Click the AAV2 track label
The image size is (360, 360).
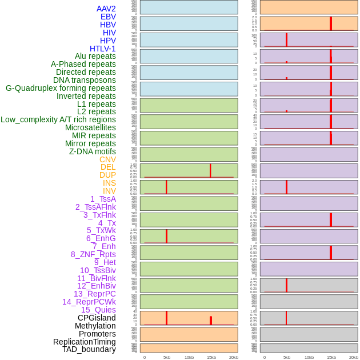coord(106,9)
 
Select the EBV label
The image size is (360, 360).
coord(108,17)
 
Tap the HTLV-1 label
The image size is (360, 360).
coord(102,49)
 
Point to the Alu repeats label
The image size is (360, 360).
coord(95,56)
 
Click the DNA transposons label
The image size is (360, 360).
coord(84,80)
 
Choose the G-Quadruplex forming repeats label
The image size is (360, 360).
coord(61,88)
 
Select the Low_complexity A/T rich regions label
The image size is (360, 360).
coord(58,119)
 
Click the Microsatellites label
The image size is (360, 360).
coord(90,127)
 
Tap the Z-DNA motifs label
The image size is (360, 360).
coord(92,151)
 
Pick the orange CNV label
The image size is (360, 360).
coord(107,159)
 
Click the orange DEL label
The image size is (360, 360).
coord(108,167)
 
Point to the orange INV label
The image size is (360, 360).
coord(109,191)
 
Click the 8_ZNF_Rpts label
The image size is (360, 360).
coord(93,254)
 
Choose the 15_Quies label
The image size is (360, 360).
coord(98,310)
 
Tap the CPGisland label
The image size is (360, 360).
coord(97,318)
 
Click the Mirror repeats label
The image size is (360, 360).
coord(90,143)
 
